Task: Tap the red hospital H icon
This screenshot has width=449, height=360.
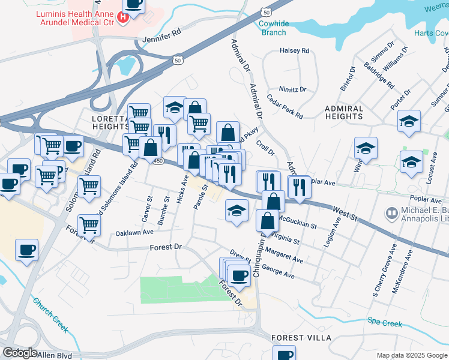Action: (x=123, y=17)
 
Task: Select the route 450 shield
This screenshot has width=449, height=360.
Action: (x=158, y=161)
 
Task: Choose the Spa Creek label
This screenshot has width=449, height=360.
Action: (x=384, y=323)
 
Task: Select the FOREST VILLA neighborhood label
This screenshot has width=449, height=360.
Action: (x=301, y=338)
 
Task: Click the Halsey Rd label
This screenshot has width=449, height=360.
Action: (x=294, y=51)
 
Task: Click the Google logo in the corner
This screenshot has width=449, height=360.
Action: (x=20, y=353)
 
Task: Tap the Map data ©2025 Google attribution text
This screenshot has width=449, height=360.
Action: (x=411, y=355)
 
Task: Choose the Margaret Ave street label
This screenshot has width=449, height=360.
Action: (x=285, y=256)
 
